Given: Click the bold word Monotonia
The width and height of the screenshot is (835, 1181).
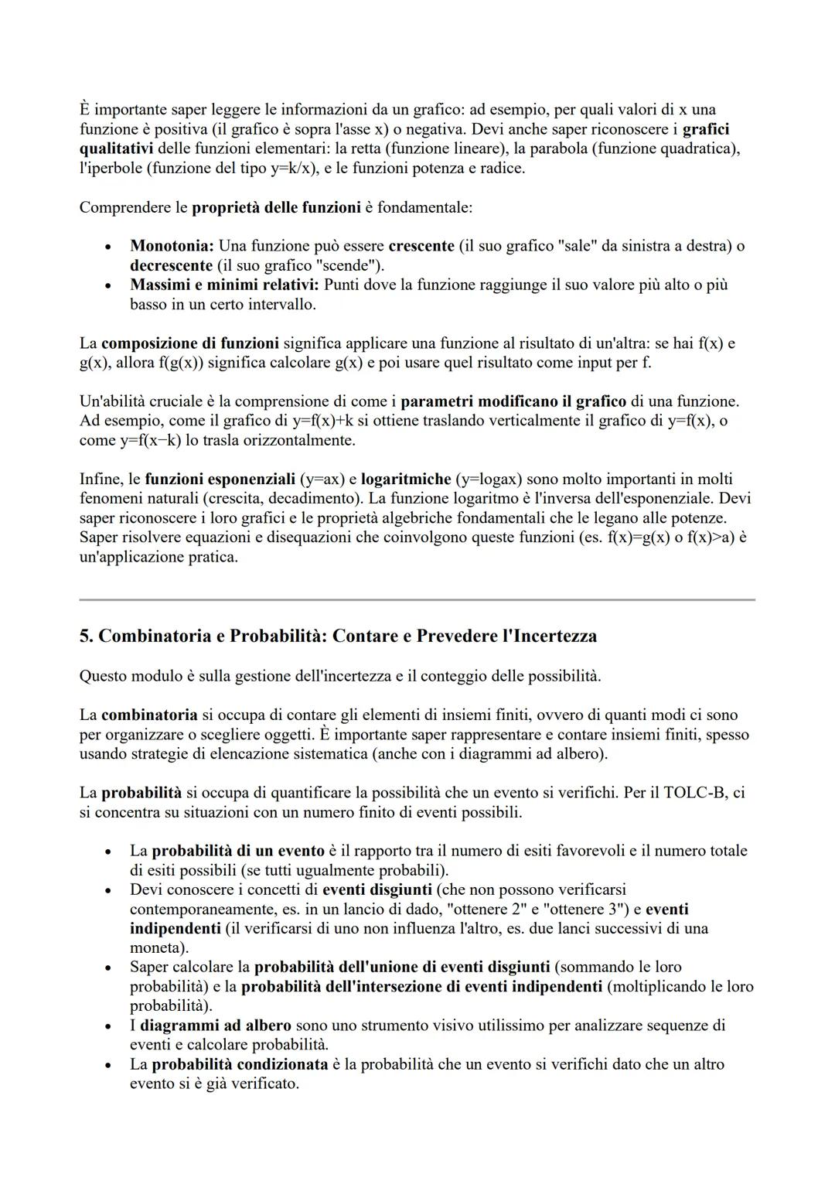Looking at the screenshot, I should (x=171, y=246).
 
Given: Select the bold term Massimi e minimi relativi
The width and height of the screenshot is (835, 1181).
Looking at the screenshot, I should (x=224, y=285).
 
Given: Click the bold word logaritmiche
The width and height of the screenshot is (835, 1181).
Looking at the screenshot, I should (x=406, y=479).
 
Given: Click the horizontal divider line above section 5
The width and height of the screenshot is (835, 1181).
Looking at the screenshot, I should (x=417, y=599).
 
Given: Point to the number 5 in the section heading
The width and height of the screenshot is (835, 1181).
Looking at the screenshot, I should (x=84, y=636).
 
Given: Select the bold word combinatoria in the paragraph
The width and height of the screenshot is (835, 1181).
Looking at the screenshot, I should (x=149, y=715).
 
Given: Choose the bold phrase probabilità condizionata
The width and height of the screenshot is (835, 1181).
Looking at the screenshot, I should (x=240, y=1064).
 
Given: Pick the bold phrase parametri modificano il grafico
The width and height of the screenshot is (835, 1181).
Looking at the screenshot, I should (x=513, y=401).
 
